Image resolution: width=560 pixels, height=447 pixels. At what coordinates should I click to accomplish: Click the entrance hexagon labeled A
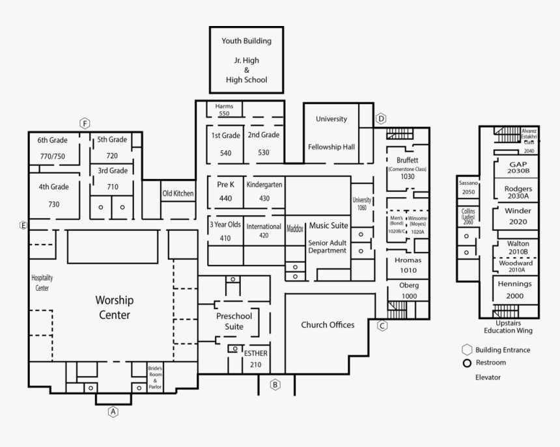[113, 411]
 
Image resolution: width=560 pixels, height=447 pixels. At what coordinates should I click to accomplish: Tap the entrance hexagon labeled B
[275, 385]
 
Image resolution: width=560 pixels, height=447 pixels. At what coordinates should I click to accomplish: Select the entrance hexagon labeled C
[382, 326]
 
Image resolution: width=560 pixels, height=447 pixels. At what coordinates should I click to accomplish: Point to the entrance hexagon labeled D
[381, 118]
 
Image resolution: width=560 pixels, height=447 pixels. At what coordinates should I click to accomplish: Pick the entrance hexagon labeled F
[85, 122]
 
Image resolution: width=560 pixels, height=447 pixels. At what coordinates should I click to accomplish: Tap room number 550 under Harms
[224, 113]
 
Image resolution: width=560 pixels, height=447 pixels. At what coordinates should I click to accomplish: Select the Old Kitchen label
[178, 193]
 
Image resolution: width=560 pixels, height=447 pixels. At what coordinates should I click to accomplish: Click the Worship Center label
[114, 308]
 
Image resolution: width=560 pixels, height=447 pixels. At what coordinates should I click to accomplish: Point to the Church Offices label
[328, 325]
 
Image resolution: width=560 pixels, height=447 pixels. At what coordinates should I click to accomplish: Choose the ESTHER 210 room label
[255, 359]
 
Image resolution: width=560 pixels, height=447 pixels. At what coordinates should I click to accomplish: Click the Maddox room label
[296, 228]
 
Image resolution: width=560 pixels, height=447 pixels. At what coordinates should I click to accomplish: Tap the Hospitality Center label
[42, 282]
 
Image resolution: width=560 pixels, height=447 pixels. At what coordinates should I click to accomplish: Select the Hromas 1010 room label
[408, 265]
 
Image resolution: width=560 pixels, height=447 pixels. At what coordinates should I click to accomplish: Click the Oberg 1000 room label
[409, 290]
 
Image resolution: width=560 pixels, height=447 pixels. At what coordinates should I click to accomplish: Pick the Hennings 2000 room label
[514, 290]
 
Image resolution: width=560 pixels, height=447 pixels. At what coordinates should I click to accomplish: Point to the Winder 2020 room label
[518, 216]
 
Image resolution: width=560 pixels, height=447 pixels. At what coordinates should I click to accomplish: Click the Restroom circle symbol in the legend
[467, 362]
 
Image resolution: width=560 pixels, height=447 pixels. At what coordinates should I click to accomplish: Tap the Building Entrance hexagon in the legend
[467, 349]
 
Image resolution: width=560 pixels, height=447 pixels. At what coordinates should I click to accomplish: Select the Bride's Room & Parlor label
[155, 377]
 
